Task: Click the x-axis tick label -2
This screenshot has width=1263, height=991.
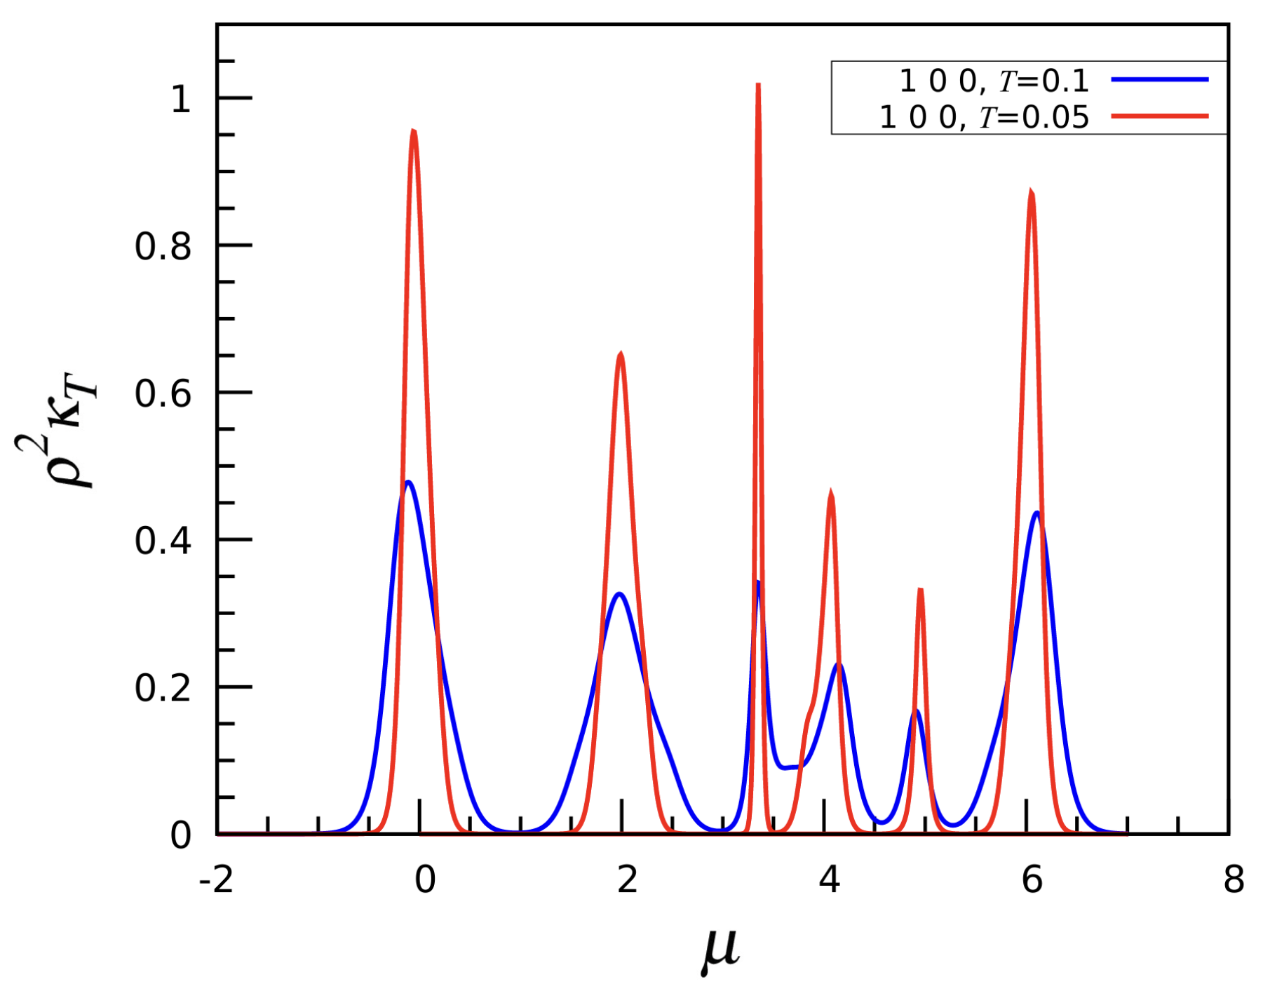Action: tap(216, 880)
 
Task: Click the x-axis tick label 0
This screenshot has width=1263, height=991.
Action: tap(425, 880)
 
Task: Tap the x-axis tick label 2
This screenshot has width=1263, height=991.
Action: tap(627, 880)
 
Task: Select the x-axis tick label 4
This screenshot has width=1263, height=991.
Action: tap(830, 880)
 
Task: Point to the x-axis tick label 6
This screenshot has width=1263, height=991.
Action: tap(1032, 880)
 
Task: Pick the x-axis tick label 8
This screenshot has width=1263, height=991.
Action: tap(1234, 880)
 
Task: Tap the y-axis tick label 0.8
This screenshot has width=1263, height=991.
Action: tap(163, 247)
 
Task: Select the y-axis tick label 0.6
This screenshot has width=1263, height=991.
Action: tap(163, 394)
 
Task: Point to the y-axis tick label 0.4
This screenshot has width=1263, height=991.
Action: tap(163, 541)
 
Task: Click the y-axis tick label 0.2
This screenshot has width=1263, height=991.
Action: tap(163, 689)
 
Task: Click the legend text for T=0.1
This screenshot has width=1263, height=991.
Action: tap(994, 82)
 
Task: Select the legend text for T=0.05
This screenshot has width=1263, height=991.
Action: tap(984, 117)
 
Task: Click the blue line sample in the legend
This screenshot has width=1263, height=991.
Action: tap(1160, 80)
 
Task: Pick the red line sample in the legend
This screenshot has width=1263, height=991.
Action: tap(1160, 116)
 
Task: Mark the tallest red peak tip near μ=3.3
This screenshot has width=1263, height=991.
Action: tap(758, 86)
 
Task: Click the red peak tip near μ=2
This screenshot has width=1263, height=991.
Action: tap(621, 354)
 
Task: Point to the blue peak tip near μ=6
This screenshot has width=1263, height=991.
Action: tap(1036, 513)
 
